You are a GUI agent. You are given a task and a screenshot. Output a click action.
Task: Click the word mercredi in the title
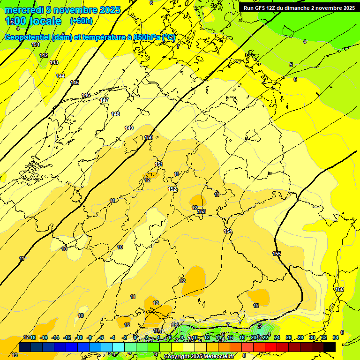point(23,10)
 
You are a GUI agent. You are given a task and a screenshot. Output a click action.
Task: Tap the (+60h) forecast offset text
point(81,21)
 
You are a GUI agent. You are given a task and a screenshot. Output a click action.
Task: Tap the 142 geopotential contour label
point(44,55)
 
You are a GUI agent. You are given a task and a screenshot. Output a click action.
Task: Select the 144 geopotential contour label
point(60,76)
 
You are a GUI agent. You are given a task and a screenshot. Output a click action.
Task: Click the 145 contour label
point(75,82)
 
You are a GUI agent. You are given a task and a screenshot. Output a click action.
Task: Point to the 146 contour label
point(86,95)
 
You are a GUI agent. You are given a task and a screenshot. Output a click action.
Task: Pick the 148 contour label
point(115,114)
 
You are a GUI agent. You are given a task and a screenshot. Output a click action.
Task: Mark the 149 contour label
point(129,128)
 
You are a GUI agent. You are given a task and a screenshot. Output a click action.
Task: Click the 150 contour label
point(149,137)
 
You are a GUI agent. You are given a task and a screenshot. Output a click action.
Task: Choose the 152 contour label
point(172,189)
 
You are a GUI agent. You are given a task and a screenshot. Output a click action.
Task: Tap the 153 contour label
point(202,211)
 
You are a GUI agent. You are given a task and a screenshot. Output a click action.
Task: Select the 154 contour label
point(228,231)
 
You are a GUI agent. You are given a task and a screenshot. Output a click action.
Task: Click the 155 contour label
point(277,254)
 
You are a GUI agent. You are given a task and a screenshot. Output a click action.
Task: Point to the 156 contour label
point(339,289)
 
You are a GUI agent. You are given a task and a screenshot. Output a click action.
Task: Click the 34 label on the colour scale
point(336,337)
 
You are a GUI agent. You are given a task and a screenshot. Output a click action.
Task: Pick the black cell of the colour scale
point(330,347)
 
